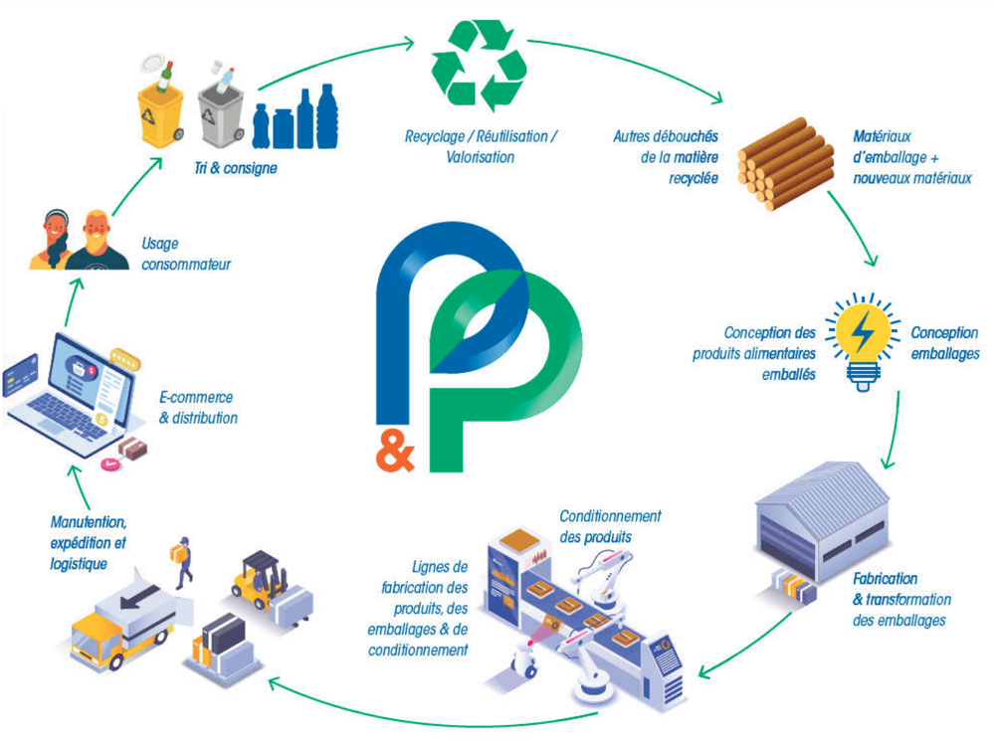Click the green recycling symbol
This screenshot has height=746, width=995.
(480, 66)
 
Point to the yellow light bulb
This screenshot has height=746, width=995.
(863, 341)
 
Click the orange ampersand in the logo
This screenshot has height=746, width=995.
(395, 453)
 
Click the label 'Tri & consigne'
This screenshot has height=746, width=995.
(236, 168)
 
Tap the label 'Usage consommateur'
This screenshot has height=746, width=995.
(186, 254)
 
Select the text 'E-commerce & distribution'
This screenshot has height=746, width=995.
(198, 407)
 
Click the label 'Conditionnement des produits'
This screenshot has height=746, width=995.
(610, 526)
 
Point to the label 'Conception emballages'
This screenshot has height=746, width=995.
(945, 343)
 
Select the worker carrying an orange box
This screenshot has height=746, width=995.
(183, 561)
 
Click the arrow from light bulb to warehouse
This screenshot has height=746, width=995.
(895, 432)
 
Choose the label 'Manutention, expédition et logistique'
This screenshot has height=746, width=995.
(89, 543)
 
